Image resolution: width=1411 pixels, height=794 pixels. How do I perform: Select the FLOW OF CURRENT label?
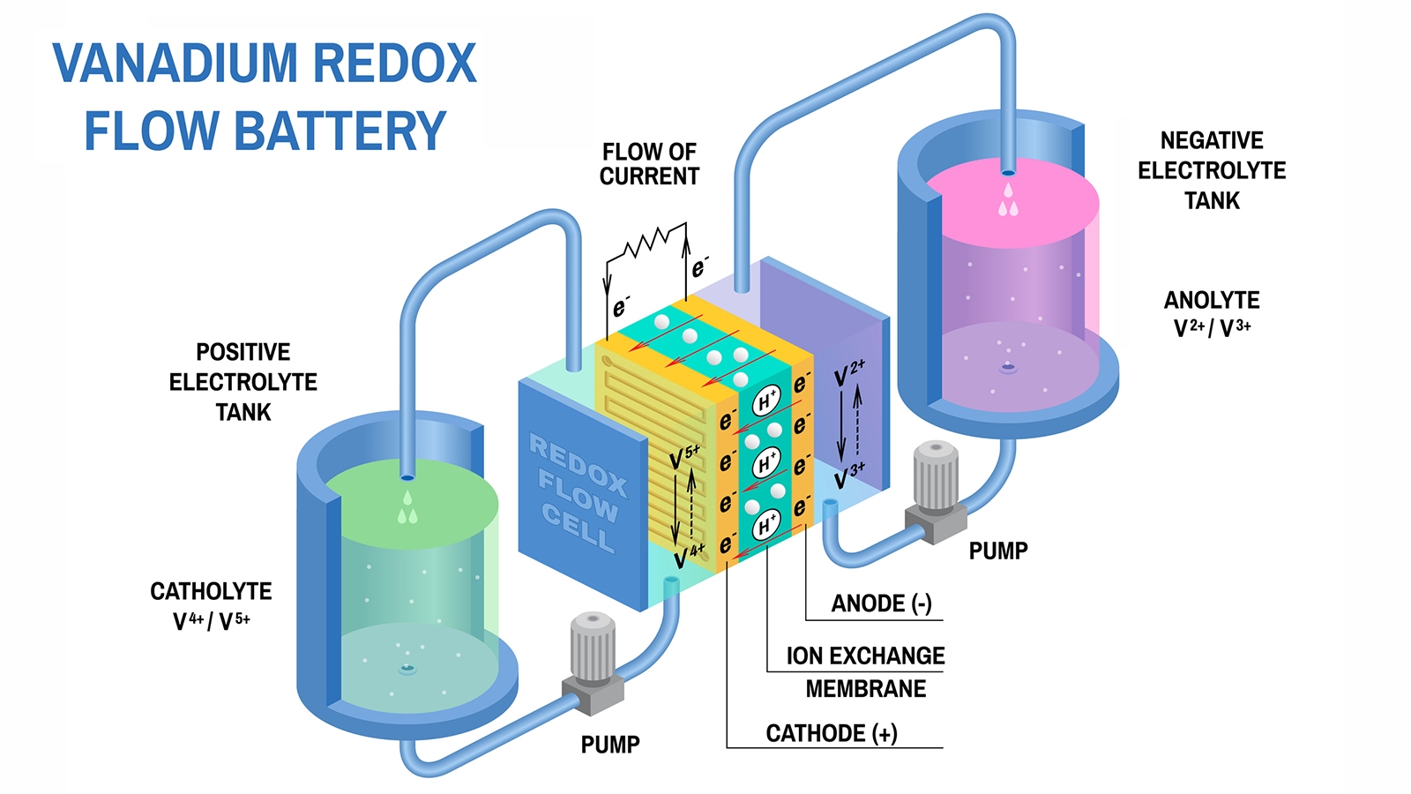click(x=649, y=164)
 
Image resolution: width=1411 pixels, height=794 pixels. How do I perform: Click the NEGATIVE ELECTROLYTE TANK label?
click(x=1212, y=170)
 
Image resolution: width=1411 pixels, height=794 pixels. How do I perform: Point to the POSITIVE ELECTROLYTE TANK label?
click(x=243, y=382)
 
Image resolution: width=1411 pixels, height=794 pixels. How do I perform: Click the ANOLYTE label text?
click(x=1212, y=301)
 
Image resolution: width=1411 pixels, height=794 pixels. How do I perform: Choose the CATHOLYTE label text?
click(x=211, y=592)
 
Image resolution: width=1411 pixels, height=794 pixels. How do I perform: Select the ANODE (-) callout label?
click(x=881, y=604)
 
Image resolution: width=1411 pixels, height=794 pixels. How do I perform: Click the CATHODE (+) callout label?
click(x=832, y=734)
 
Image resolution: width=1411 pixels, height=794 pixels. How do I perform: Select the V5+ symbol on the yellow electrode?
click(x=684, y=457)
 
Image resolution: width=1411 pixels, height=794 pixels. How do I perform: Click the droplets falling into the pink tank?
click(x=1008, y=202)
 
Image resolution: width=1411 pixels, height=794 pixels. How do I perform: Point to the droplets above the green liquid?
click(x=407, y=509)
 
